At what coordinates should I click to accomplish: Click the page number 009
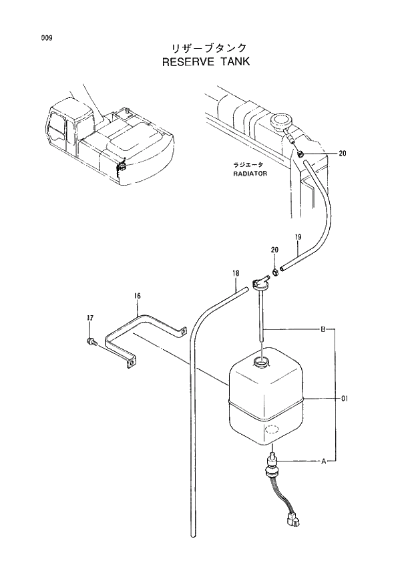45,38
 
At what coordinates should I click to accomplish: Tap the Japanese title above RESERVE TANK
205,47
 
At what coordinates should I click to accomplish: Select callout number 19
298,237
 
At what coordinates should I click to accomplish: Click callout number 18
236,272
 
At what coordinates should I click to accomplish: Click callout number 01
345,399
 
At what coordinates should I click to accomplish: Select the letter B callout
323,329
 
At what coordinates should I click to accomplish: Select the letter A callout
323,461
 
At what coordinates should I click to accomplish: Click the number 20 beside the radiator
343,154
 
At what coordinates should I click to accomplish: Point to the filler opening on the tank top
261,363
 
